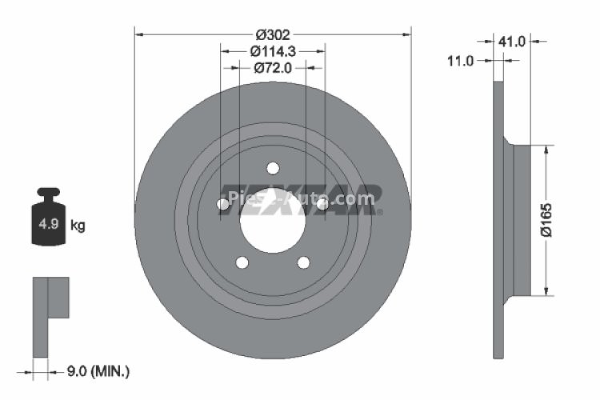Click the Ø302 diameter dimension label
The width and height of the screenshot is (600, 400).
[272, 35]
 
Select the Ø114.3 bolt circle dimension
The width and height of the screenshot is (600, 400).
[273, 51]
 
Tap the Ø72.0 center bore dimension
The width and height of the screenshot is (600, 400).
[272, 67]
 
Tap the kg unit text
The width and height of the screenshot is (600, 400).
[78, 226]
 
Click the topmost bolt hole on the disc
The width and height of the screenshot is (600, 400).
[273, 168]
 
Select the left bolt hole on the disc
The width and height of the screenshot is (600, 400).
[223, 205]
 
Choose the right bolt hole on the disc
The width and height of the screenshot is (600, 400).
[322, 205]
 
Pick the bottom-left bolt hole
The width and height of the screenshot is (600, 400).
[242, 262]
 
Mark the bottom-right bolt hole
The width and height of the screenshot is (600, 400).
[303, 262]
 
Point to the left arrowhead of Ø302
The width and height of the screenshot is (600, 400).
[138, 35]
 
